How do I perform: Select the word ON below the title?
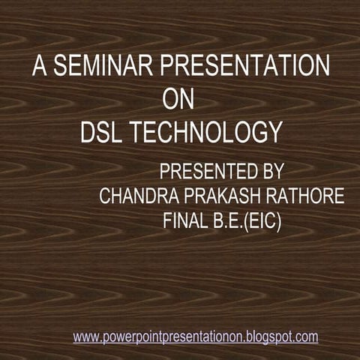pyautogui.click(x=178, y=100)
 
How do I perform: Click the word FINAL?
pyautogui.click(x=183, y=222)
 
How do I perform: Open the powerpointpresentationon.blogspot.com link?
pyautogui.click(x=196, y=337)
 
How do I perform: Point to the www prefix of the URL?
pyautogui.click(x=85, y=337)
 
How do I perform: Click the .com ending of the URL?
pyautogui.click(x=305, y=337)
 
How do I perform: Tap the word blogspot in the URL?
pyautogui.click(x=267, y=337)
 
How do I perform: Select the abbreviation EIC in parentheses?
pyautogui.click(x=265, y=222)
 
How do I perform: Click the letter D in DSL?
pyautogui.click(x=88, y=133)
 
